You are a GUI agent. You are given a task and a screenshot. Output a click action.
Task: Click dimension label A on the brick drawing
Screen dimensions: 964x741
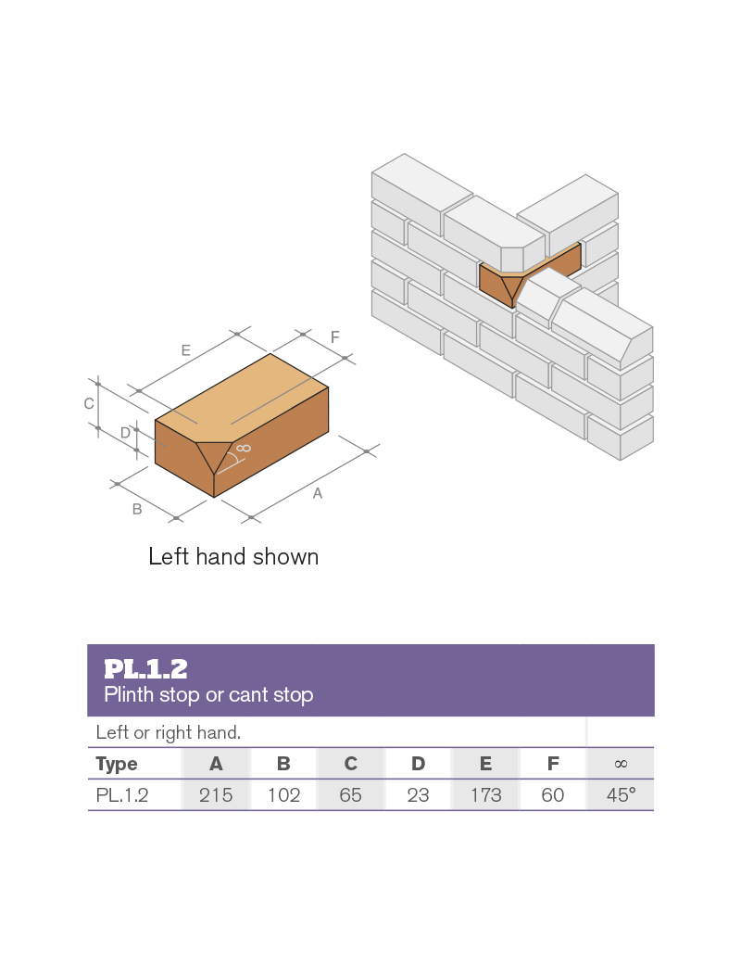(x=318, y=493)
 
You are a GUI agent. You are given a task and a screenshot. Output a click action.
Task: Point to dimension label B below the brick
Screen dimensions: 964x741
(x=137, y=509)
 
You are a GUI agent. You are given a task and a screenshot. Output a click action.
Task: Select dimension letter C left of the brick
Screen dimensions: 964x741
(x=89, y=403)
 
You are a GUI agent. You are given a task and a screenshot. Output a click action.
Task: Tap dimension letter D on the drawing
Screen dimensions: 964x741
(x=126, y=433)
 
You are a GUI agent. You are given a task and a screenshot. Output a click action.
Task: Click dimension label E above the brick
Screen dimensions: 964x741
(x=186, y=350)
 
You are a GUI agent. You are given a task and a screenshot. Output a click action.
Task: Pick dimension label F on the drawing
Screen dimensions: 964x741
(x=334, y=336)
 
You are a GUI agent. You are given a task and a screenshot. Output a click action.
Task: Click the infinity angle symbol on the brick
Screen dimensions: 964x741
(x=244, y=448)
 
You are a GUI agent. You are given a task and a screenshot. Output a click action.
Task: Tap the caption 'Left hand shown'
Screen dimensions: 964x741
(x=233, y=556)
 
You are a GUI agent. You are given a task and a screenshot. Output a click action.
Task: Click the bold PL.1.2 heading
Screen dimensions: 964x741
(x=145, y=669)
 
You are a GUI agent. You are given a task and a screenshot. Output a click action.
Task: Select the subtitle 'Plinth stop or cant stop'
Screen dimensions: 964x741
(x=208, y=694)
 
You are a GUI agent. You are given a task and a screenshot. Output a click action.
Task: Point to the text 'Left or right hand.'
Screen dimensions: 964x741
(x=169, y=732)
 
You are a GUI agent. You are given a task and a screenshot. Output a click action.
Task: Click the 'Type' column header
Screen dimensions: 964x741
(x=117, y=764)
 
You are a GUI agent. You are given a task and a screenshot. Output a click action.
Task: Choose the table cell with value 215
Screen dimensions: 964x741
(x=216, y=795)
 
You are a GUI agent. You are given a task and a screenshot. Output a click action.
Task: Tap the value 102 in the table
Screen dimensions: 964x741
(x=283, y=795)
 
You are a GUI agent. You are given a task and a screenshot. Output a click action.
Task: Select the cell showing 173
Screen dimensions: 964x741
(x=485, y=795)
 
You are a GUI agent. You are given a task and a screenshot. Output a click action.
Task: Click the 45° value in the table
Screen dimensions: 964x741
(x=621, y=795)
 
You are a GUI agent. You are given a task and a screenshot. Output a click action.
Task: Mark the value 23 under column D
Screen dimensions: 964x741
(x=418, y=795)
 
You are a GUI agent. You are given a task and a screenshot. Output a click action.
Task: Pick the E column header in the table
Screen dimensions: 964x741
(x=485, y=764)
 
